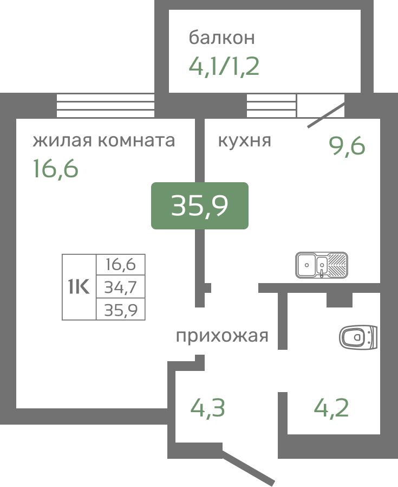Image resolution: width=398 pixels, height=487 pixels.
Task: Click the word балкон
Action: tap(222, 37)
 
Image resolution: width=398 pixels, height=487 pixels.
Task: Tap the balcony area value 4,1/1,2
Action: tap(224, 66)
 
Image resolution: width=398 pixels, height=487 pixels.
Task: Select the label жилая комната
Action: tap(104, 140)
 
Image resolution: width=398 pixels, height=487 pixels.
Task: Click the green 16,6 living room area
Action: tap(56, 168)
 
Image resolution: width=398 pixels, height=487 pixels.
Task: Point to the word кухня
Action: tap(244, 140)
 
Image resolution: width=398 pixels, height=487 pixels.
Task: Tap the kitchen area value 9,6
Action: tap(347, 146)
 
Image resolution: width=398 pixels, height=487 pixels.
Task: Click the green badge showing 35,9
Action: tap(200, 206)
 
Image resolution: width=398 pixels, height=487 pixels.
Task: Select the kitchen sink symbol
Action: tap(321, 265)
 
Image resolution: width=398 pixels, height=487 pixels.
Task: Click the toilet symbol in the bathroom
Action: tap(358, 337)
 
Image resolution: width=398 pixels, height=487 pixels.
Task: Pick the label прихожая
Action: tap(222, 336)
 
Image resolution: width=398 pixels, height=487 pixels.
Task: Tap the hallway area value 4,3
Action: tap(207, 408)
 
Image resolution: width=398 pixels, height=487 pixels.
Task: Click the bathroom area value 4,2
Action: tap(331, 408)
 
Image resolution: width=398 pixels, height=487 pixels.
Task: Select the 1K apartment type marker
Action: tap(79, 287)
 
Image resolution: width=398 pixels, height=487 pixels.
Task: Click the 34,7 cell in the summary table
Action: tap(121, 287)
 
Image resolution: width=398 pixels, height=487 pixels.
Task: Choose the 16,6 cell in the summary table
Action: tap(121, 264)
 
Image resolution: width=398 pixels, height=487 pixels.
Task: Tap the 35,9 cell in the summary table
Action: tap(121, 310)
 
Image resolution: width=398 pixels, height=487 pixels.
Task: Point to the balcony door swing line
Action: tap(327, 115)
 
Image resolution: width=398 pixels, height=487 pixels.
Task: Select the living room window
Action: tap(106, 106)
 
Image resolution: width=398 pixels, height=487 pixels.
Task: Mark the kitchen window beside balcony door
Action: tap(271, 106)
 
